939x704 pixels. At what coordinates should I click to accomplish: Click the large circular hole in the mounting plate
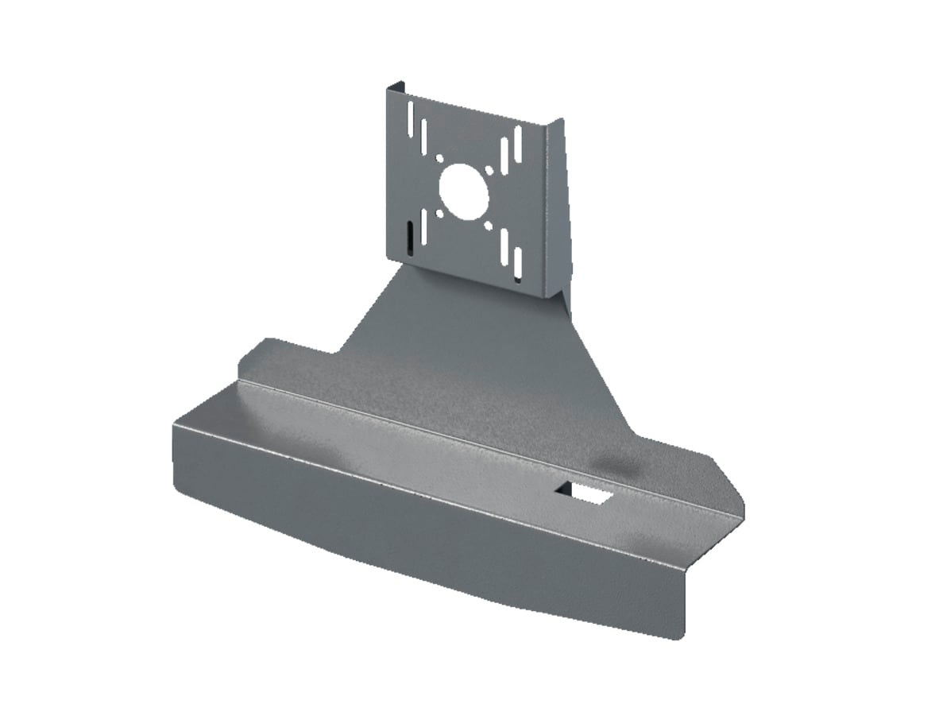pos(463,191)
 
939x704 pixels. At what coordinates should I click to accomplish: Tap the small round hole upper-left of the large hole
pos(439,158)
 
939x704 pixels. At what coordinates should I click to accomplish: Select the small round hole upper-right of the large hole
pos(490,170)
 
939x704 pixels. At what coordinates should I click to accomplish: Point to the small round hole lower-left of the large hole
pos(439,213)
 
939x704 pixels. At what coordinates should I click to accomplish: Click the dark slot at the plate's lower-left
pos(408,237)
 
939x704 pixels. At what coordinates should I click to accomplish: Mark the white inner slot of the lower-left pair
pos(423,227)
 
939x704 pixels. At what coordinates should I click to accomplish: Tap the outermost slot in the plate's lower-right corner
pos(518,262)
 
